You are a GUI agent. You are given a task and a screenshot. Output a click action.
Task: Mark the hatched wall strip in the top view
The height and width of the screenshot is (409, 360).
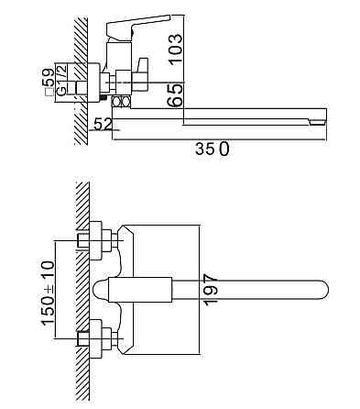pos(82,293)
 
